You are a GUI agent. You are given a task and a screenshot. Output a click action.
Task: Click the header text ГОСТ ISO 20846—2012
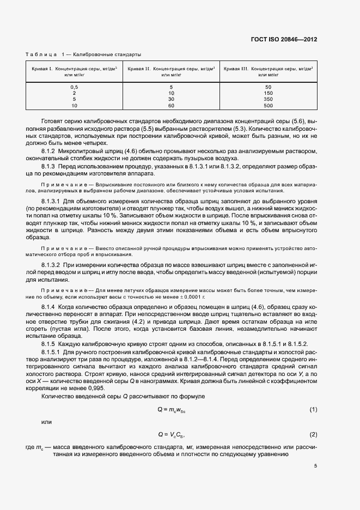291,40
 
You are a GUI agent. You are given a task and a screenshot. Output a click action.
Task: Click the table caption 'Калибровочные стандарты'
107,54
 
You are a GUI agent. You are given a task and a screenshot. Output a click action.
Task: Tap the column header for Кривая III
268,72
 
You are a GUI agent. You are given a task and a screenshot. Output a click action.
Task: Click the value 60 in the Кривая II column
171,105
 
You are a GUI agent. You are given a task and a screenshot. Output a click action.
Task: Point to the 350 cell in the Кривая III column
268,99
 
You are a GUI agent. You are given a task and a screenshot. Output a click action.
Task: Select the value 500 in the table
268,105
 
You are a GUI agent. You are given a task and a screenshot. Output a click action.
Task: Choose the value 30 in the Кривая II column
171,99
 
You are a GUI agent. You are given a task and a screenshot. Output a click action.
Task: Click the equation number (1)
313,409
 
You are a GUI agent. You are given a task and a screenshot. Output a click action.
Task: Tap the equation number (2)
313,434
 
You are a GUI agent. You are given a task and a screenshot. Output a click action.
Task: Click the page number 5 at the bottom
315,465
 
